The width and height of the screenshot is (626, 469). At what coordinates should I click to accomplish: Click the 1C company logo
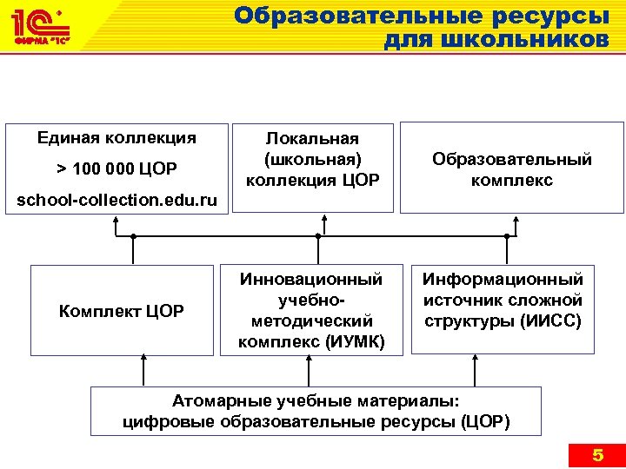39,29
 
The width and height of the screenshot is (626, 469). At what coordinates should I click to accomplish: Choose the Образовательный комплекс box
512,169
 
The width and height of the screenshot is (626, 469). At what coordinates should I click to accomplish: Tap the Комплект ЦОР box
121,310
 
